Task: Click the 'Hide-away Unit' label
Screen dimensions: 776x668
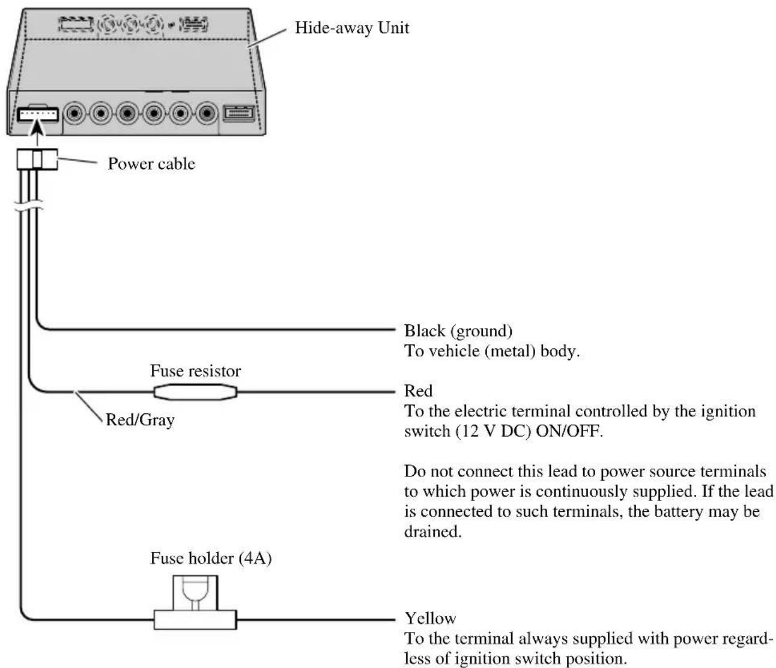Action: tap(351, 28)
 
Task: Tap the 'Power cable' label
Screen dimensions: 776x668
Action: tap(151, 164)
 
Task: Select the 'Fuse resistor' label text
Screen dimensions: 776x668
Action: tap(195, 371)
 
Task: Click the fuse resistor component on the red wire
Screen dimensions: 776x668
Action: tap(195, 392)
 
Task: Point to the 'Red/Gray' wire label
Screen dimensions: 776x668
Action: tap(140, 420)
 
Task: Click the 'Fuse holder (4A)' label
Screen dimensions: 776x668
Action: tap(211, 558)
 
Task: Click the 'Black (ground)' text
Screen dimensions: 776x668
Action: tap(458, 331)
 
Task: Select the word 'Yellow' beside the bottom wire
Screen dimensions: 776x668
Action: tap(430, 618)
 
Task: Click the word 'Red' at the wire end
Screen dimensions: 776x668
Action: tap(418, 391)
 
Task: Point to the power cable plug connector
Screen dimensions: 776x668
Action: tap(37, 159)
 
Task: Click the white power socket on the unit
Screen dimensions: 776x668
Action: tap(38, 115)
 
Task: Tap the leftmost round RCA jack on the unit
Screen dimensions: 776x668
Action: tap(74, 113)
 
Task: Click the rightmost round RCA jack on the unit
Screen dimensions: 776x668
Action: tap(207, 113)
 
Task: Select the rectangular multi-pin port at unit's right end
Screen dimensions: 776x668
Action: tap(239, 114)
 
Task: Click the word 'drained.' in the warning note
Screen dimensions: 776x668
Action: tap(433, 532)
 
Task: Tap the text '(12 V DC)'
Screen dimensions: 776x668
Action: tap(493, 431)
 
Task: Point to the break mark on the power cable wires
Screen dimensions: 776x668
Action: tap(29, 206)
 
